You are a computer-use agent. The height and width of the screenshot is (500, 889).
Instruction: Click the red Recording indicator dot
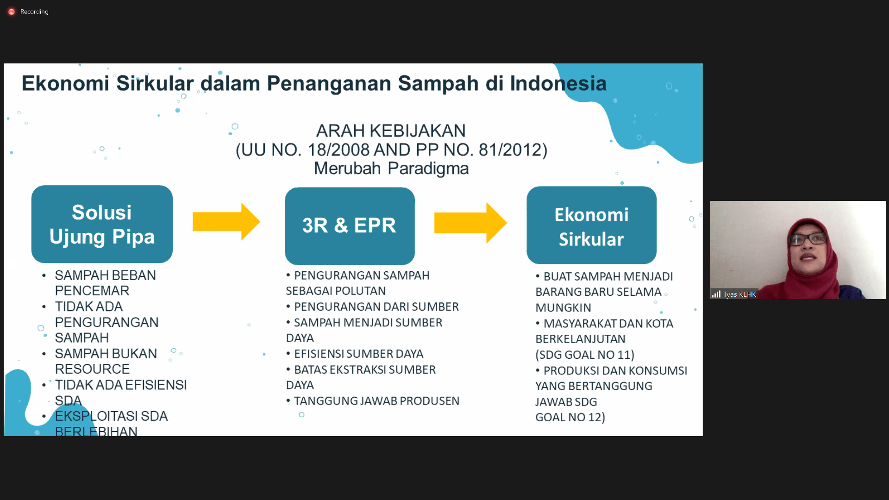pos(12,12)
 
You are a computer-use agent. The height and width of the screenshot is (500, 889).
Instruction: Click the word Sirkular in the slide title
pos(155,84)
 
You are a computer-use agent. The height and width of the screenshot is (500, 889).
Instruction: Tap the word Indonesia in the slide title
pos(558,84)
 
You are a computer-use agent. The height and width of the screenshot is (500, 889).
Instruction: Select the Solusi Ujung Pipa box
pos(102,224)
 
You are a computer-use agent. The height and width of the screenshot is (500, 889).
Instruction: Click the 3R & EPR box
pos(350,226)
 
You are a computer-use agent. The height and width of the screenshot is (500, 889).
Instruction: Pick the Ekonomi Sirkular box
pos(591,225)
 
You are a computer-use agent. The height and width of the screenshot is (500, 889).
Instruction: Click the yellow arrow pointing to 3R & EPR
pos(226,222)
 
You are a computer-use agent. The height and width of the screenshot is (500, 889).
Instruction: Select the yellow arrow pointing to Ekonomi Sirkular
pos(470,223)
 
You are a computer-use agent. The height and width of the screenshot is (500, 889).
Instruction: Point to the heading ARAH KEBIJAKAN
pos(391,131)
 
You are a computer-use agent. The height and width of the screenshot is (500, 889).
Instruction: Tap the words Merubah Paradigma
pos(391,169)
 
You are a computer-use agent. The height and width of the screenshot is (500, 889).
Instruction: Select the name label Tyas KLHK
pos(739,294)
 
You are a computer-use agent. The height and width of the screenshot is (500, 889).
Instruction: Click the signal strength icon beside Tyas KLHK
pos(716,294)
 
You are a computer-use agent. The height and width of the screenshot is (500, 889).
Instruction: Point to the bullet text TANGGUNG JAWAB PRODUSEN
pos(376,401)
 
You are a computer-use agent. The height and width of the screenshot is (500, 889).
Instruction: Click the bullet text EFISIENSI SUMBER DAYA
pos(358,354)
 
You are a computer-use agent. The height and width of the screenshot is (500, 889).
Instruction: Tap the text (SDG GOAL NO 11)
pos(585,355)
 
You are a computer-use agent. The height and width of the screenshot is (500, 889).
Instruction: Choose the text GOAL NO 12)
pos(570,417)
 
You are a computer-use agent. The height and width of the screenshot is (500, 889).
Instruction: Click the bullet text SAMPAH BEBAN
pos(105,275)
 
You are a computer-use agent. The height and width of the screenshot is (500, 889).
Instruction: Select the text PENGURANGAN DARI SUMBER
pos(376,306)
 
